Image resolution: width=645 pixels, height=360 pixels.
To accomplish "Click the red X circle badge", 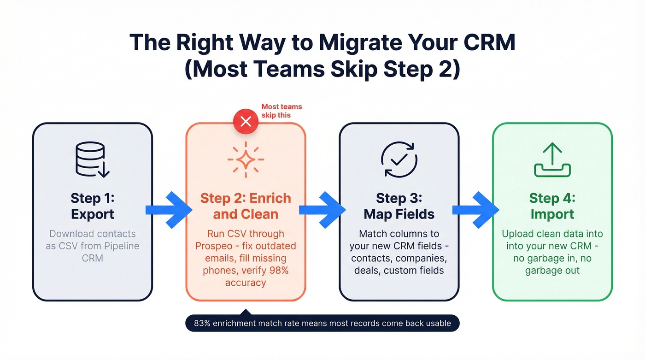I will pos(246,122).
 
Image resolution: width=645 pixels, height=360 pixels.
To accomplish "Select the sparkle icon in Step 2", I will pos(246,159).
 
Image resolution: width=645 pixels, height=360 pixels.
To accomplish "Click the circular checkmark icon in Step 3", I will pos(399,159).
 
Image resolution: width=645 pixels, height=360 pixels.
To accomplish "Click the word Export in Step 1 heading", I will pos(92,214).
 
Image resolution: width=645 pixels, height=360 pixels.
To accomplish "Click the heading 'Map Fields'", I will pos(399,214).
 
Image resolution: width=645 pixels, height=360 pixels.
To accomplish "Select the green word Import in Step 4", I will pos(552,214).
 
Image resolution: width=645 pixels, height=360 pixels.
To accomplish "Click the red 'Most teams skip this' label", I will pos(281,111).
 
